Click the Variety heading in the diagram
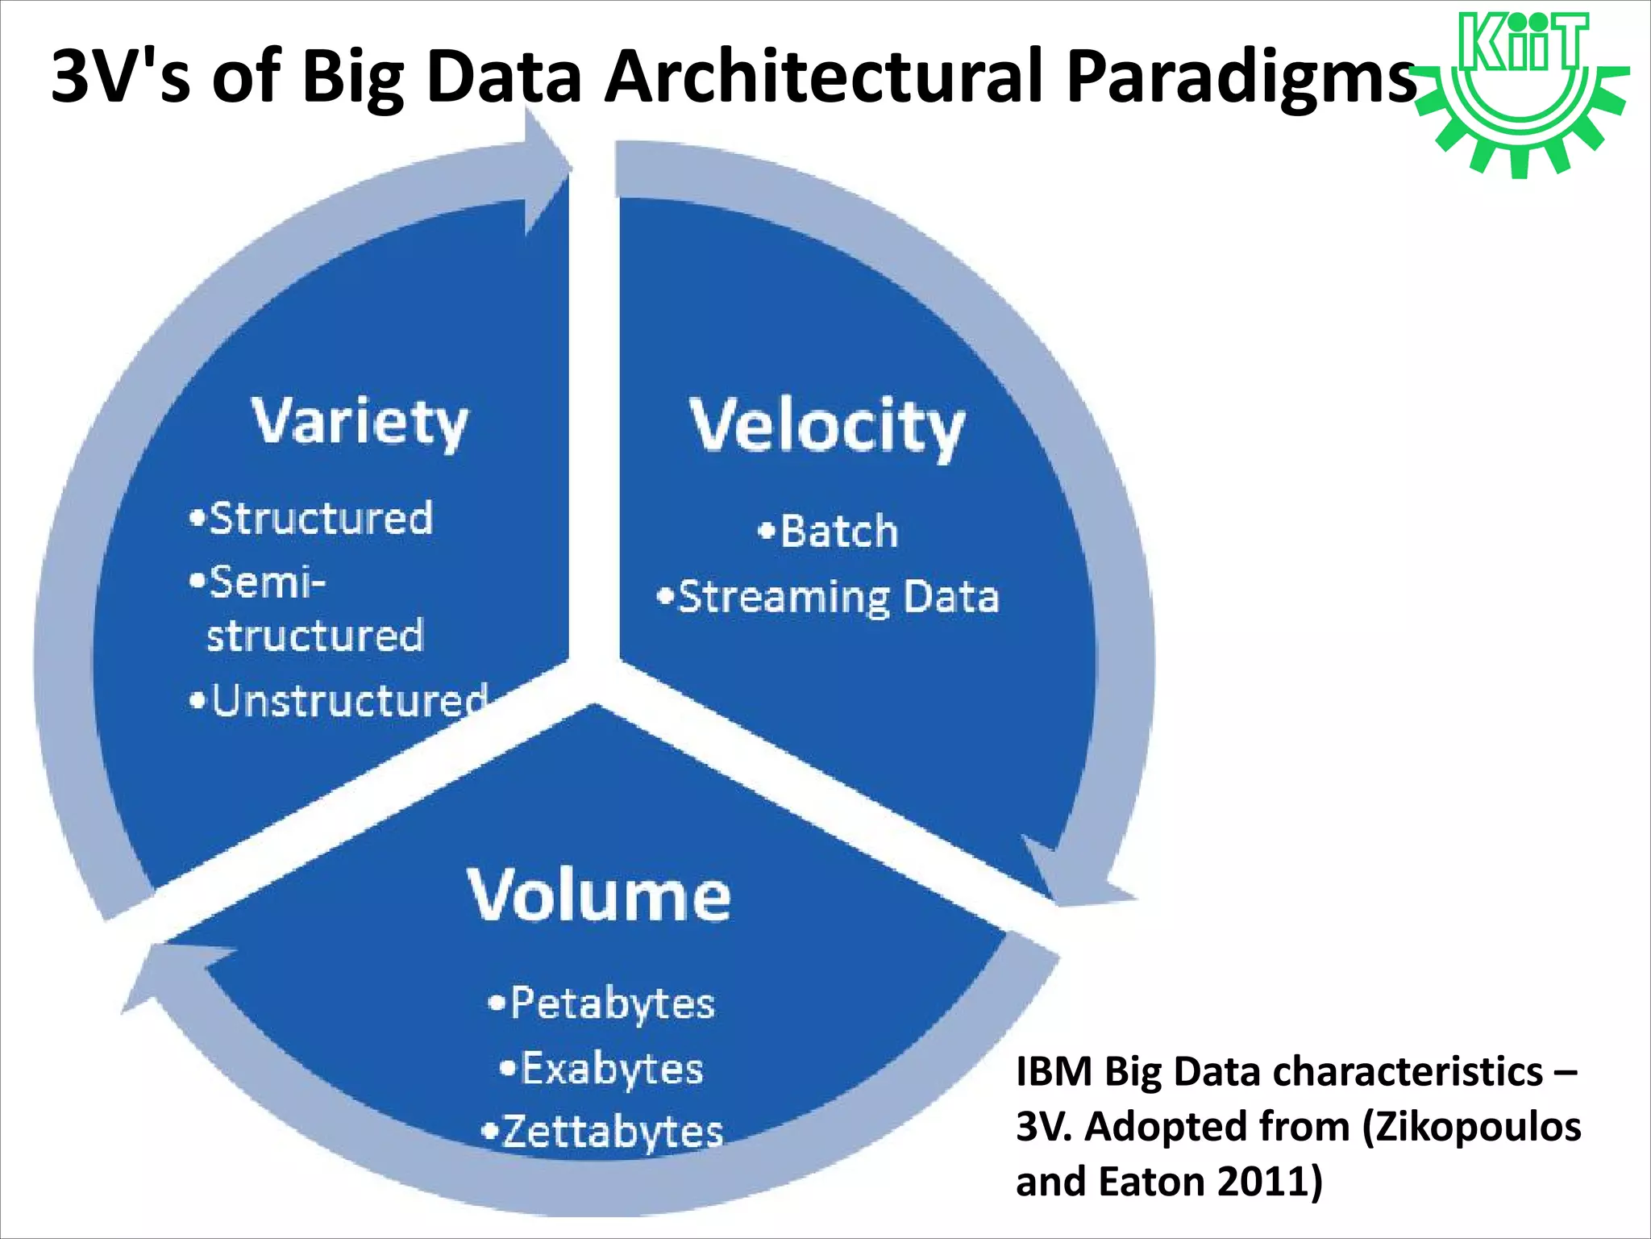coord(360,422)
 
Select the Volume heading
coord(599,895)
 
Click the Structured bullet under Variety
coord(312,519)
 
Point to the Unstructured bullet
coord(339,700)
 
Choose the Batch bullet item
coord(830,532)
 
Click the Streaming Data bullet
coord(829,598)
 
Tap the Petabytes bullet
coord(602,1004)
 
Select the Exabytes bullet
coord(602,1069)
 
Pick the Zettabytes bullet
coord(603,1132)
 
